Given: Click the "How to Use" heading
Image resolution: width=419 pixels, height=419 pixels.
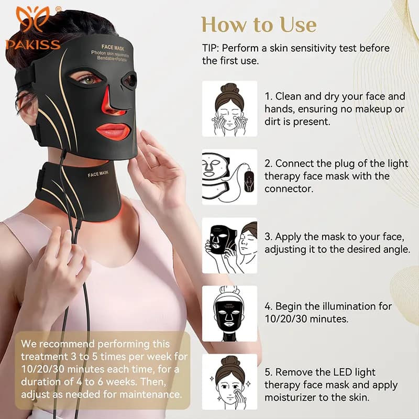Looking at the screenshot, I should (259, 24).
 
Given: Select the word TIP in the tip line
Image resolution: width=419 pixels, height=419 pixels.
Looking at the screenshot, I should (211, 48).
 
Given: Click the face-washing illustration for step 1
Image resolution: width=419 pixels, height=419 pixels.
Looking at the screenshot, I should (229, 108).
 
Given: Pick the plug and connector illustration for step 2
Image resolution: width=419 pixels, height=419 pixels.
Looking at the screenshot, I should (229, 177).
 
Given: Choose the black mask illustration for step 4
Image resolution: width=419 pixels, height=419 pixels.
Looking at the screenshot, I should (229, 313).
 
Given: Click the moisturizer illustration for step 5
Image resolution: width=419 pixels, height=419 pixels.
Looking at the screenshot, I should (229, 381).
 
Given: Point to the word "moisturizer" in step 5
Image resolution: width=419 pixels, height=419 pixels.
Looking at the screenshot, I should (291, 397).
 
